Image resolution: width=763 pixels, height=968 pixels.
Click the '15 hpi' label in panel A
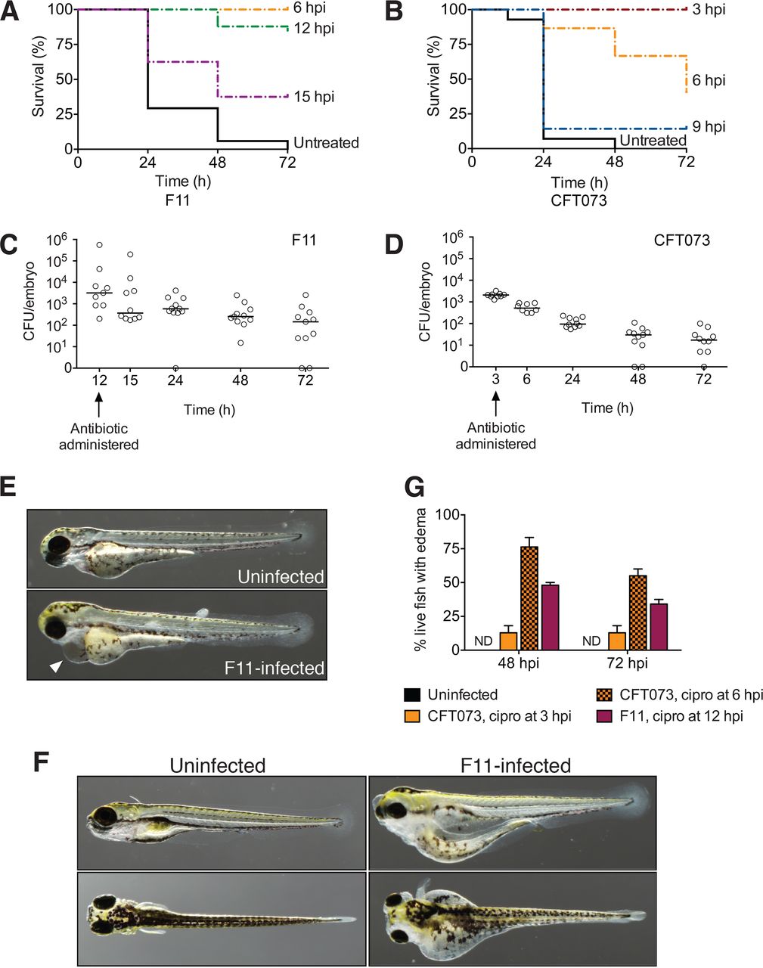tap(313, 97)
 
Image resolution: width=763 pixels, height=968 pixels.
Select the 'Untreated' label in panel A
tap(326, 143)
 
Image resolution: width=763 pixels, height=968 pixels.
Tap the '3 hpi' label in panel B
tap(709, 11)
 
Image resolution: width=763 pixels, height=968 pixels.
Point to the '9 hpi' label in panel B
tap(709, 127)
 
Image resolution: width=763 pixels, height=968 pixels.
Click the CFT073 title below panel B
tap(579, 201)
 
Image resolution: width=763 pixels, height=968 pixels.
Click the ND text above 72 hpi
tap(591, 641)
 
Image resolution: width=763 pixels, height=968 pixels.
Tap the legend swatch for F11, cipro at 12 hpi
tap(603, 715)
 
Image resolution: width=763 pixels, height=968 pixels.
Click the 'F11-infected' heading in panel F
tap(515, 765)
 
